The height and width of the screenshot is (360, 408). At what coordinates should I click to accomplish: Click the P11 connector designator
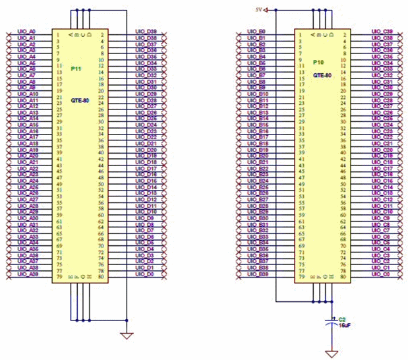76,67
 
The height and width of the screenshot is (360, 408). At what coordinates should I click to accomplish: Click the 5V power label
260,9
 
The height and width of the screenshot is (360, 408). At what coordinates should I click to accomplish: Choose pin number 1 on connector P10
301,32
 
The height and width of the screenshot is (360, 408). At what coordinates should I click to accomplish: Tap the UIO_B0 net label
256,32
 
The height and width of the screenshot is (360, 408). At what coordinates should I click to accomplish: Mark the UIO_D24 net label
146,125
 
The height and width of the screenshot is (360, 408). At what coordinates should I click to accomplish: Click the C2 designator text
342,318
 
